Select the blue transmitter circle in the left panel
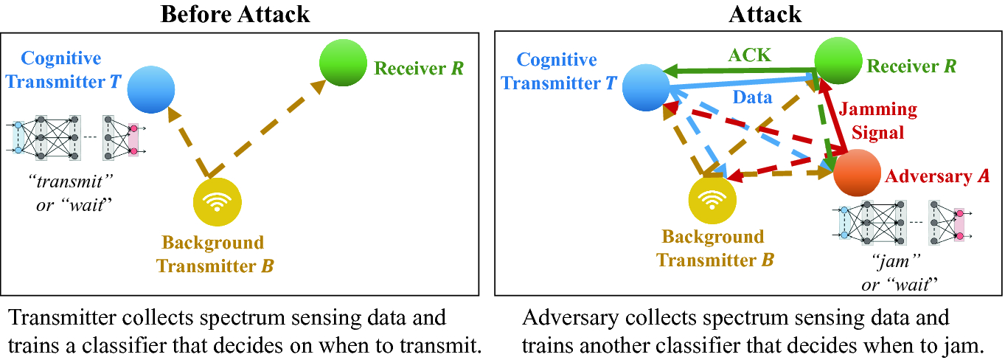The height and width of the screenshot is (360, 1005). tap(150, 90)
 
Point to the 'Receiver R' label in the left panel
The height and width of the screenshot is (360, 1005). tap(419, 69)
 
